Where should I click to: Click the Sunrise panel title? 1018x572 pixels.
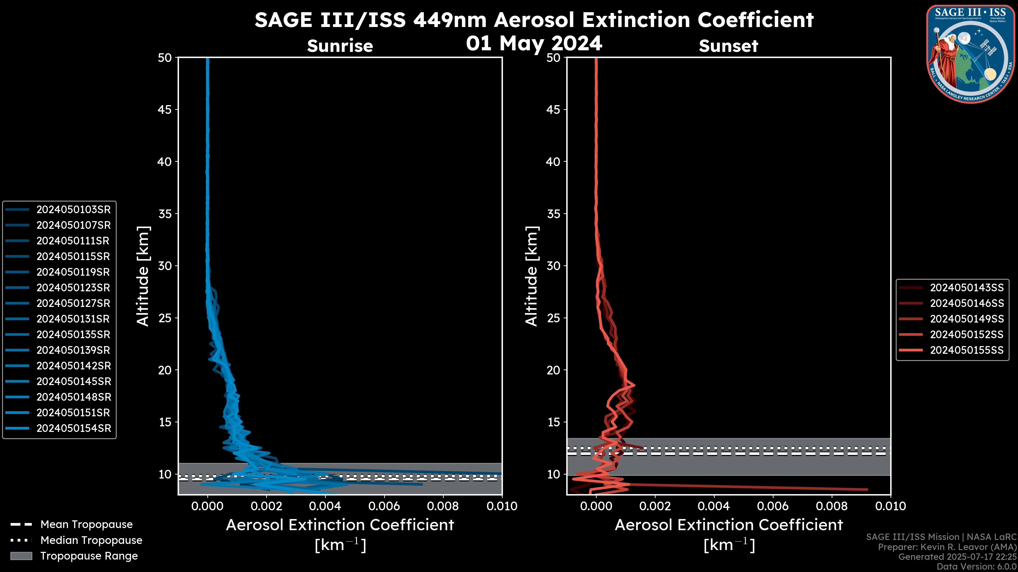pos(340,46)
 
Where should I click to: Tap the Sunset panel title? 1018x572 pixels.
pos(728,46)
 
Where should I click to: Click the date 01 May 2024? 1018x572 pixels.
pos(534,43)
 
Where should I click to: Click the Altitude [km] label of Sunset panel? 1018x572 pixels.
pos(532,276)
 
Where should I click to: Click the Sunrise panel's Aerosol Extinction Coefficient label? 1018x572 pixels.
pos(340,525)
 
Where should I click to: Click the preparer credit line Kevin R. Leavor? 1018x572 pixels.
pos(947,547)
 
